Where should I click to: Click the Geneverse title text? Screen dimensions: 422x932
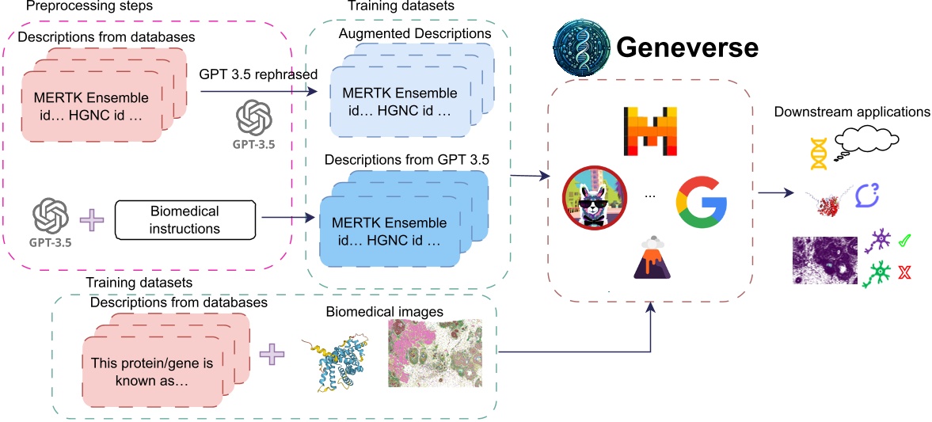(687, 48)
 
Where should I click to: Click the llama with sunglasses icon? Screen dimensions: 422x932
(594, 198)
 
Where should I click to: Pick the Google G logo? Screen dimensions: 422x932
(701, 199)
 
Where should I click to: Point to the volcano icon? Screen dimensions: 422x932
(652, 260)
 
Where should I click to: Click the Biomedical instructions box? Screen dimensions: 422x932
(184, 220)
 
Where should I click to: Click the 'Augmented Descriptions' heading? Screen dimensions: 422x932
(414, 34)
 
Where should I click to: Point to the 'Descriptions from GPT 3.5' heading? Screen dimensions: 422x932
(406, 160)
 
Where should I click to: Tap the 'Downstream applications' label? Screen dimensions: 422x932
(852, 112)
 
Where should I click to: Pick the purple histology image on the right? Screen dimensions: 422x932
(824, 260)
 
